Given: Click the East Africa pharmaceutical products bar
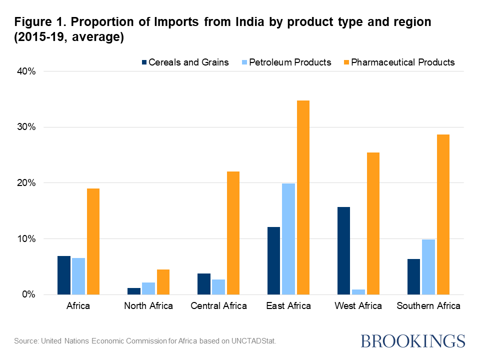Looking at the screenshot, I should coord(302,197).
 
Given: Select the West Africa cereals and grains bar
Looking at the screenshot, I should coord(344,250).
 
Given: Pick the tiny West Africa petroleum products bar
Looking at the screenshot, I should coord(358,291).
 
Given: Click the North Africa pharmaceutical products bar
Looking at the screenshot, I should coord(163,282).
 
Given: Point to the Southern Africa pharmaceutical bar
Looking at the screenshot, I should coord(442,214).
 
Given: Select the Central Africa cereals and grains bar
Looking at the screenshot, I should coord(204,284).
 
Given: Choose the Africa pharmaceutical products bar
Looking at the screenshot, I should coord(92,241).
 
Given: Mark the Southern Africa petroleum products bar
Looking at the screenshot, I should coord(428,267).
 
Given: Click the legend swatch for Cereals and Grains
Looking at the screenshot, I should coord(145,62).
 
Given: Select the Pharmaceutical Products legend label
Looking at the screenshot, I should coord(403,62).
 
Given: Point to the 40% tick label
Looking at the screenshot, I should coord(26,71).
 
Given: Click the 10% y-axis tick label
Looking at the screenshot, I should coord(26,239).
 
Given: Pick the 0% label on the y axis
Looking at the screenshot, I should coord(28,295).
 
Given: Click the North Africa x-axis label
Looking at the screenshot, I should coord(148,306).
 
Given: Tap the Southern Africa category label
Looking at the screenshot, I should coord(428,306).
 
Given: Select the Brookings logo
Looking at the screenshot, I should coord(413,341).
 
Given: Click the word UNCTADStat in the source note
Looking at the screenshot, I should coord(252,341).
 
